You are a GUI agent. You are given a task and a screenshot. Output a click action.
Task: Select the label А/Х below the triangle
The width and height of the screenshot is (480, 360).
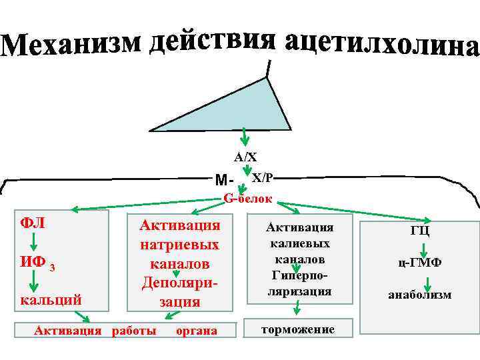(x=245, y=157)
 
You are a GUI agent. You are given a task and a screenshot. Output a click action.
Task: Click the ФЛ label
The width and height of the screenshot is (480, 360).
(x=33, y=222)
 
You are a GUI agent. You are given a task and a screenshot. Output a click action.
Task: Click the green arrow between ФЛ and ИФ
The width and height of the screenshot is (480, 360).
(x=33, y=243)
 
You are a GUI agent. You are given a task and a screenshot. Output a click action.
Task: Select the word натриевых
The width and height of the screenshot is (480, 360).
(x=179, y=245)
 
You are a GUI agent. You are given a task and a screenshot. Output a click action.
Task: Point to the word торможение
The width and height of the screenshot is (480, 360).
(x=298, y=330)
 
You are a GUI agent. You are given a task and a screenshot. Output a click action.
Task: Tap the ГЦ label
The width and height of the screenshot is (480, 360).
(x=419, y=231)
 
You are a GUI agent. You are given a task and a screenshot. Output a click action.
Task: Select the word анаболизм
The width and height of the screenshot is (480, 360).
(x=419, y=294)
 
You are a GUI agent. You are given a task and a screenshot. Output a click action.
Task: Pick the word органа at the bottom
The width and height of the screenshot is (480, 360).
(x=196, y=331)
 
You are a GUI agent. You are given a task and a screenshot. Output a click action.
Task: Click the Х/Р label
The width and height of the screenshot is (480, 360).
(x=262, y=177)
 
